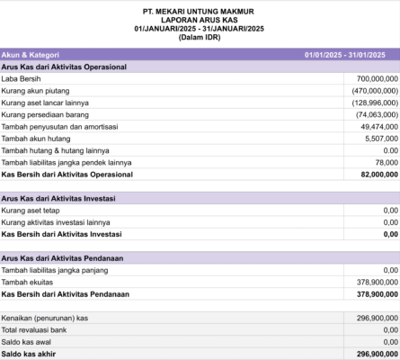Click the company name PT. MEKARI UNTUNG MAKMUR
click(x=200, y=10)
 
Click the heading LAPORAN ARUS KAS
click(x=200, y=19)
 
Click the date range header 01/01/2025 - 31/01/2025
click(x=345, y=55)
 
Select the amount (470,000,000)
click(x=373, y=91)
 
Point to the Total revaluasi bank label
click(x=40, y=329)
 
